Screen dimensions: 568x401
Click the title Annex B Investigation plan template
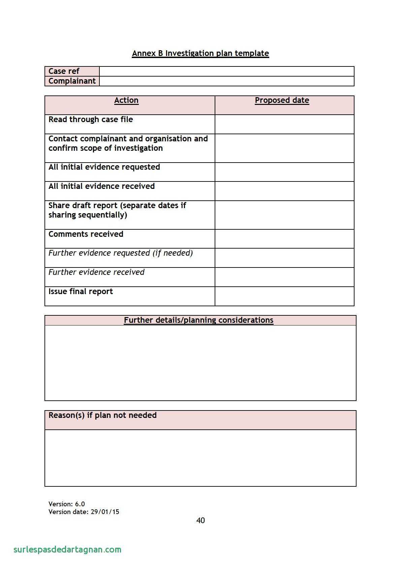pos(200,53)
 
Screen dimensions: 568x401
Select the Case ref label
pos(64,71)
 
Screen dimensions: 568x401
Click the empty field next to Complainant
pos(226,81)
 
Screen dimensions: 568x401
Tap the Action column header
pos(126,101)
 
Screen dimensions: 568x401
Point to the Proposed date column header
pos(282,101)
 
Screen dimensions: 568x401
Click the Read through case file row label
pos(91,119)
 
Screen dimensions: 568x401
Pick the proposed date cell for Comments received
pos(284,239)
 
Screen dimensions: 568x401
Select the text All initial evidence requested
pos(104,167)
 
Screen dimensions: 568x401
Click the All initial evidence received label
pos(101,186)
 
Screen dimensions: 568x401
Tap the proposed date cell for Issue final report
pos(284,296)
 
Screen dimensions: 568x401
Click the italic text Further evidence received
pos(96,272)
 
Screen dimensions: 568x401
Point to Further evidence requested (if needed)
pos(121,253)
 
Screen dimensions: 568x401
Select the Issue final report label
pos(81,291)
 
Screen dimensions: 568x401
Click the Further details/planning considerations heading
pos(198,320)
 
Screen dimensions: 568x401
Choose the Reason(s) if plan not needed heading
pos(102,415)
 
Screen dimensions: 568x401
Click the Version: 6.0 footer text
pos(66,504)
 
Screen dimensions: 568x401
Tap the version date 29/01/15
pos(105,512)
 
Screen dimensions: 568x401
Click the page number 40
pos(201,520)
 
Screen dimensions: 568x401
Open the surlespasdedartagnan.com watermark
pos(67,549)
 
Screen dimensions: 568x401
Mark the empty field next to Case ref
pos(226,72)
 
